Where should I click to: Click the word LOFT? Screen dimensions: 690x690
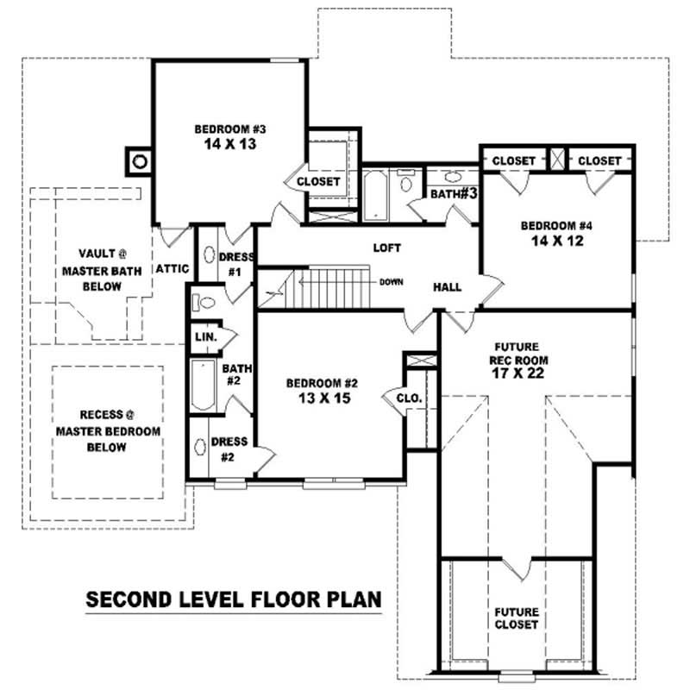click(386, 248)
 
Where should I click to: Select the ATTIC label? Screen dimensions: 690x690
click(172, 269)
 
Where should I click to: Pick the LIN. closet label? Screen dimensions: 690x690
click(205, 336)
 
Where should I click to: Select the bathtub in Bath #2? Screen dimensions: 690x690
click(203, 385)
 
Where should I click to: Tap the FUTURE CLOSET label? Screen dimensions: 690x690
click(516, 618)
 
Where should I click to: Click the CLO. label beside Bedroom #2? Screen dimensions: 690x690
click(409, 398)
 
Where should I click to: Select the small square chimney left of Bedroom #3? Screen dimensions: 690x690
click(138, 160)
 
